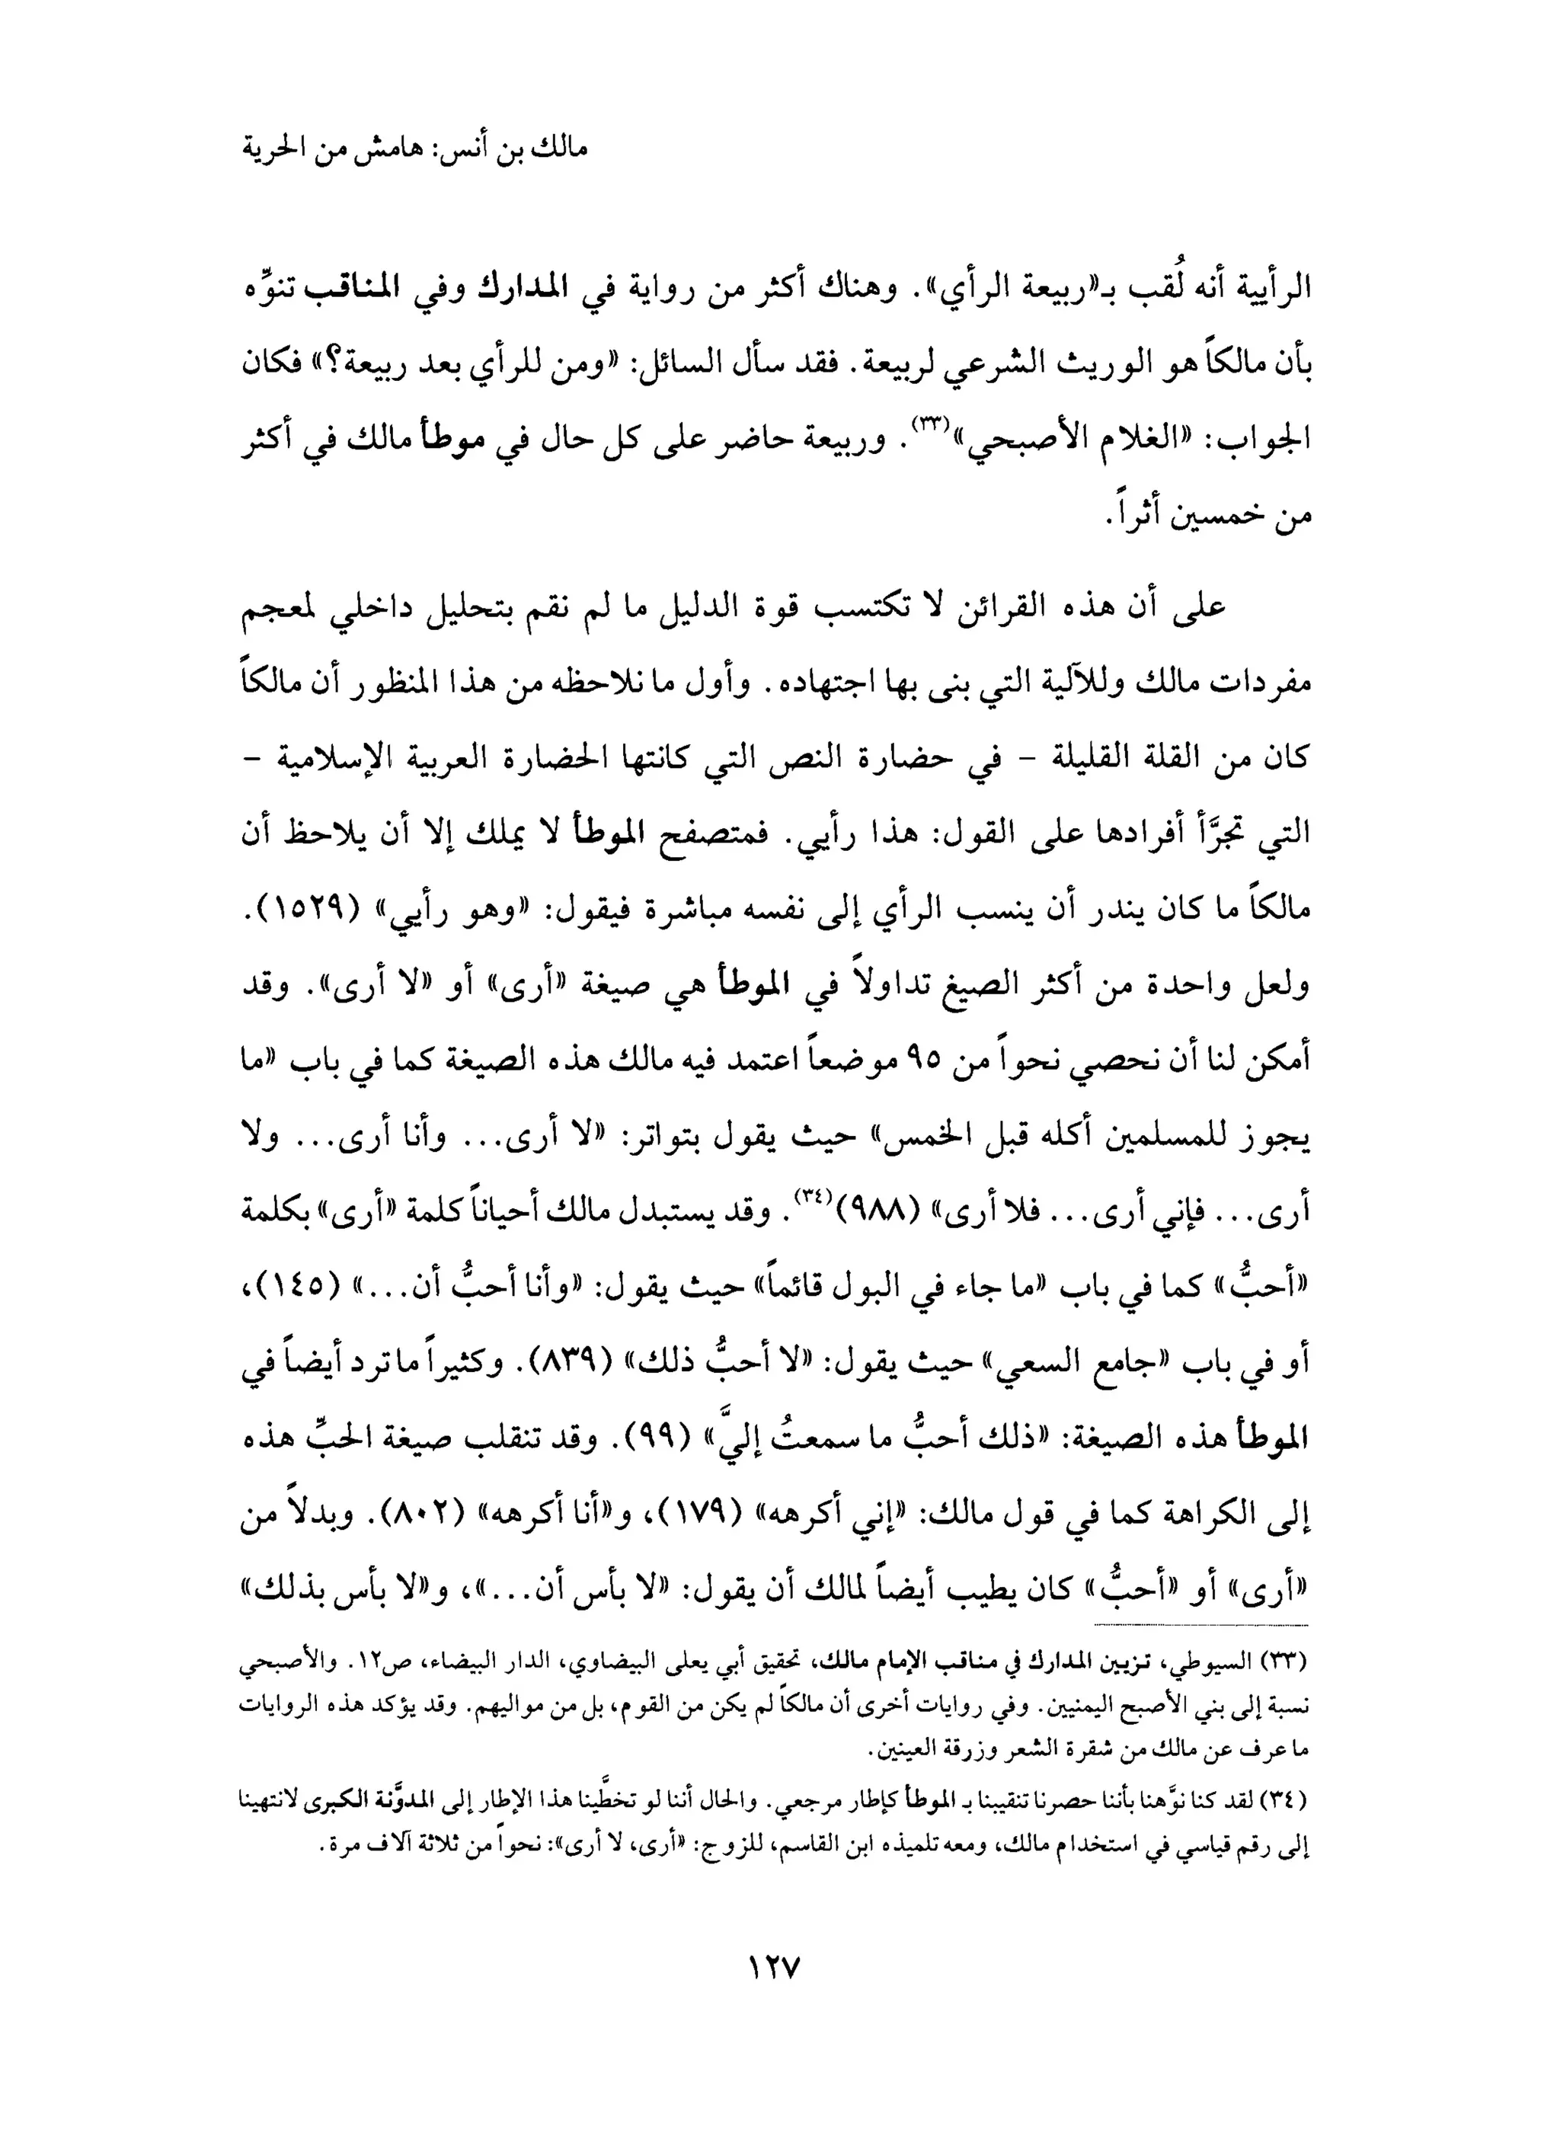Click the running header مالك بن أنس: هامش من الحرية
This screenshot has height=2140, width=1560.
[415, 149]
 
